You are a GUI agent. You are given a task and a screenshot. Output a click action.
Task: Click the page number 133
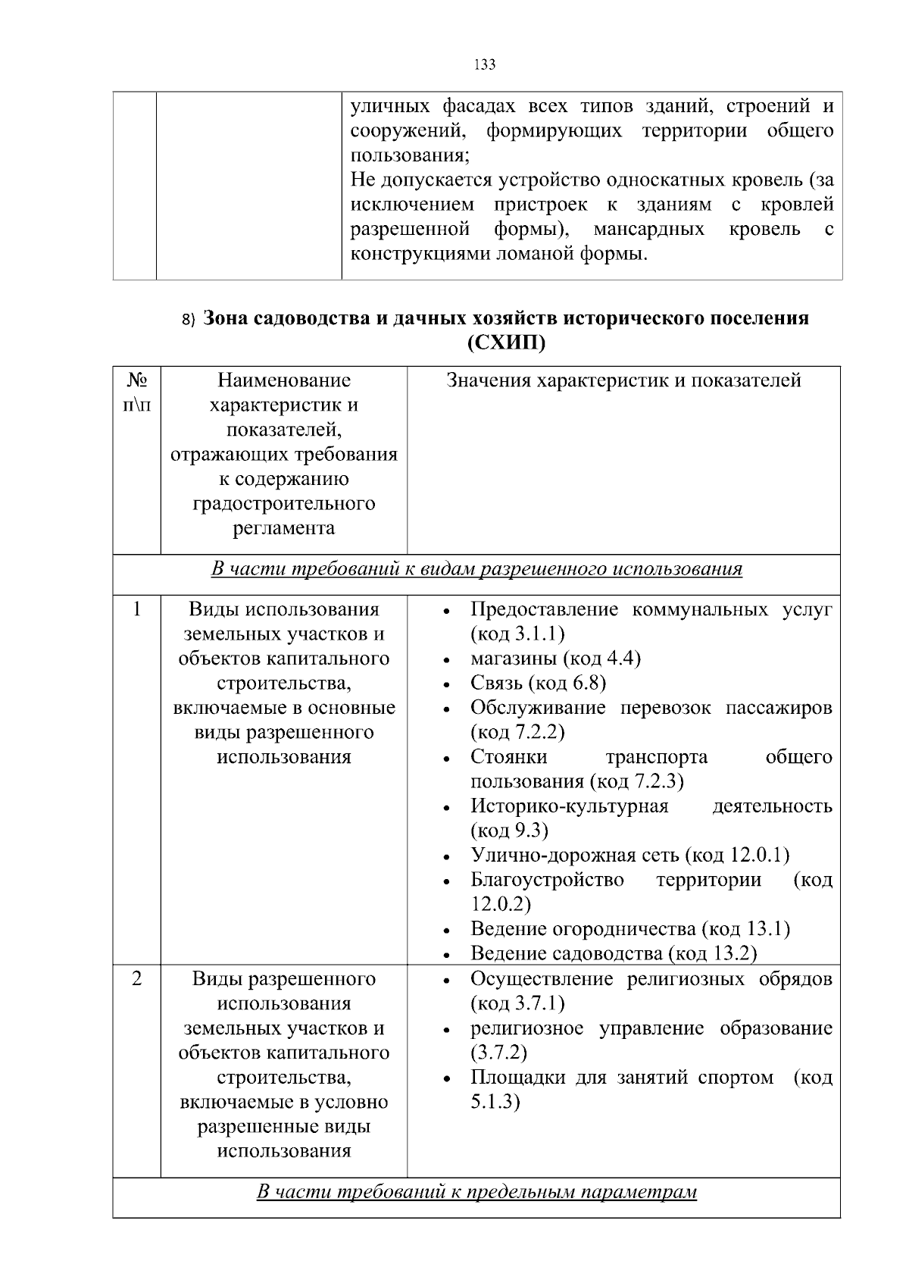tap(484, 65)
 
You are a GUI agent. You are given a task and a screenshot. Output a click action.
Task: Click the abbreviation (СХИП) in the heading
tap(506, 343)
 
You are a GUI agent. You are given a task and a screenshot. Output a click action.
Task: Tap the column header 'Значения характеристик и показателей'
tap(623, 380)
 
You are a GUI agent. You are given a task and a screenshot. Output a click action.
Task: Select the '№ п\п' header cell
tap(136, 393)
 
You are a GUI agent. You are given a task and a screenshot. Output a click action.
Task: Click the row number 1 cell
tap(136, 609)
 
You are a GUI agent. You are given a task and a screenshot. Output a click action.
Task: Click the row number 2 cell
tap(136, 978)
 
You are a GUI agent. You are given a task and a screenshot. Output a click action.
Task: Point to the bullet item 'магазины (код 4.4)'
tap(555, 659)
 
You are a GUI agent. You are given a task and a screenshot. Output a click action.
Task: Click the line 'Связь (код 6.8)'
tap(538, 684)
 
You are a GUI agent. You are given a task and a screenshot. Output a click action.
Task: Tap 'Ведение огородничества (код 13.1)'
tap(629, 929)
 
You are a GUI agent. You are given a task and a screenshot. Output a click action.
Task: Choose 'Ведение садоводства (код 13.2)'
tap(614, 953)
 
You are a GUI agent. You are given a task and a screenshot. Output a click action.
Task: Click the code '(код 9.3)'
tap(509, 831)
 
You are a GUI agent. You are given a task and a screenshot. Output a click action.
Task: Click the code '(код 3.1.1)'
tap(517, 634)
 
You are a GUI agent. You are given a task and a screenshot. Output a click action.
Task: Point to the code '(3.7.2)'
tap(498, 1053)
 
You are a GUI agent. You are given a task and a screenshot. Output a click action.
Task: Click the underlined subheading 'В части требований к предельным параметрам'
tap(476, 1192)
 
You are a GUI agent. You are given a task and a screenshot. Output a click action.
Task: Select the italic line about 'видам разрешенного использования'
tap(476, 569)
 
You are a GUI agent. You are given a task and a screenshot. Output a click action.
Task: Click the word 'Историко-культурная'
tap(569, 806)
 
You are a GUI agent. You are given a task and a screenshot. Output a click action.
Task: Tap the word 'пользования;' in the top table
tap(409, 156)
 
